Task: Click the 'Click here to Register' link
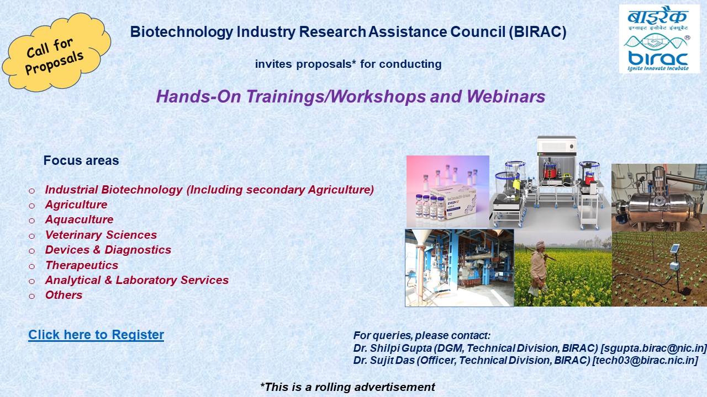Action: (x=96, y=335)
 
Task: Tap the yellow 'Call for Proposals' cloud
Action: (x=56, y=52)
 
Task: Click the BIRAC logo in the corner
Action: (x=659, y=39)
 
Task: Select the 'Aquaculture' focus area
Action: (x=79, y=219)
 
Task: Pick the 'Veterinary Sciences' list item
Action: (x=101, y=235)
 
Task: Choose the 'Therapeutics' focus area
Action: (x=82, y=265)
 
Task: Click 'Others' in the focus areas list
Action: (x=64, y=295)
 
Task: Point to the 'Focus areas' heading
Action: (x=81, y=160)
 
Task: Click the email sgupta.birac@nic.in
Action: (x=653, y=348)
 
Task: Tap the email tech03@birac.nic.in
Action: (x=645, y=361)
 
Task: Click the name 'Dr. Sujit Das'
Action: (x=384, y=361)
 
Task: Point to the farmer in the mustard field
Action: (x=539, y=268)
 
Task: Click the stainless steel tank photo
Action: (x=659, y=198)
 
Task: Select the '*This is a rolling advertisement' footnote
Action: (x=347, y=387)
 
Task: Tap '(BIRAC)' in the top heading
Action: (x=537, y=32)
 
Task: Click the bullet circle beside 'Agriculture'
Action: (x=31, y=206)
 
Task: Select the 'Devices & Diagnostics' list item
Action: (x=108, y=250)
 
